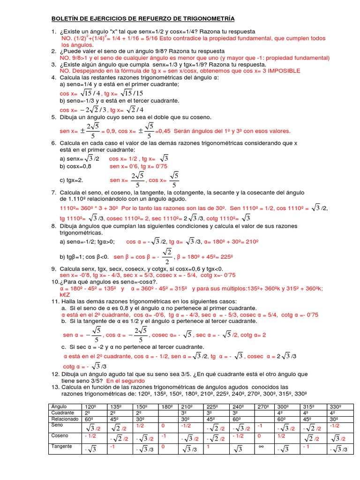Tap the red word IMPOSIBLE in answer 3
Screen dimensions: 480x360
point(281,70)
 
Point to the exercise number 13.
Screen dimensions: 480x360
point(55,387)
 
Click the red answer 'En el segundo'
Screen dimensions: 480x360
point(126,381)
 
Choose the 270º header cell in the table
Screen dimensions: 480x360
point(262,406)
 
